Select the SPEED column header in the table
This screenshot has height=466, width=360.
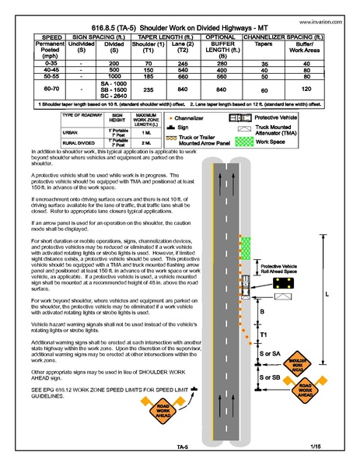[30, 36]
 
